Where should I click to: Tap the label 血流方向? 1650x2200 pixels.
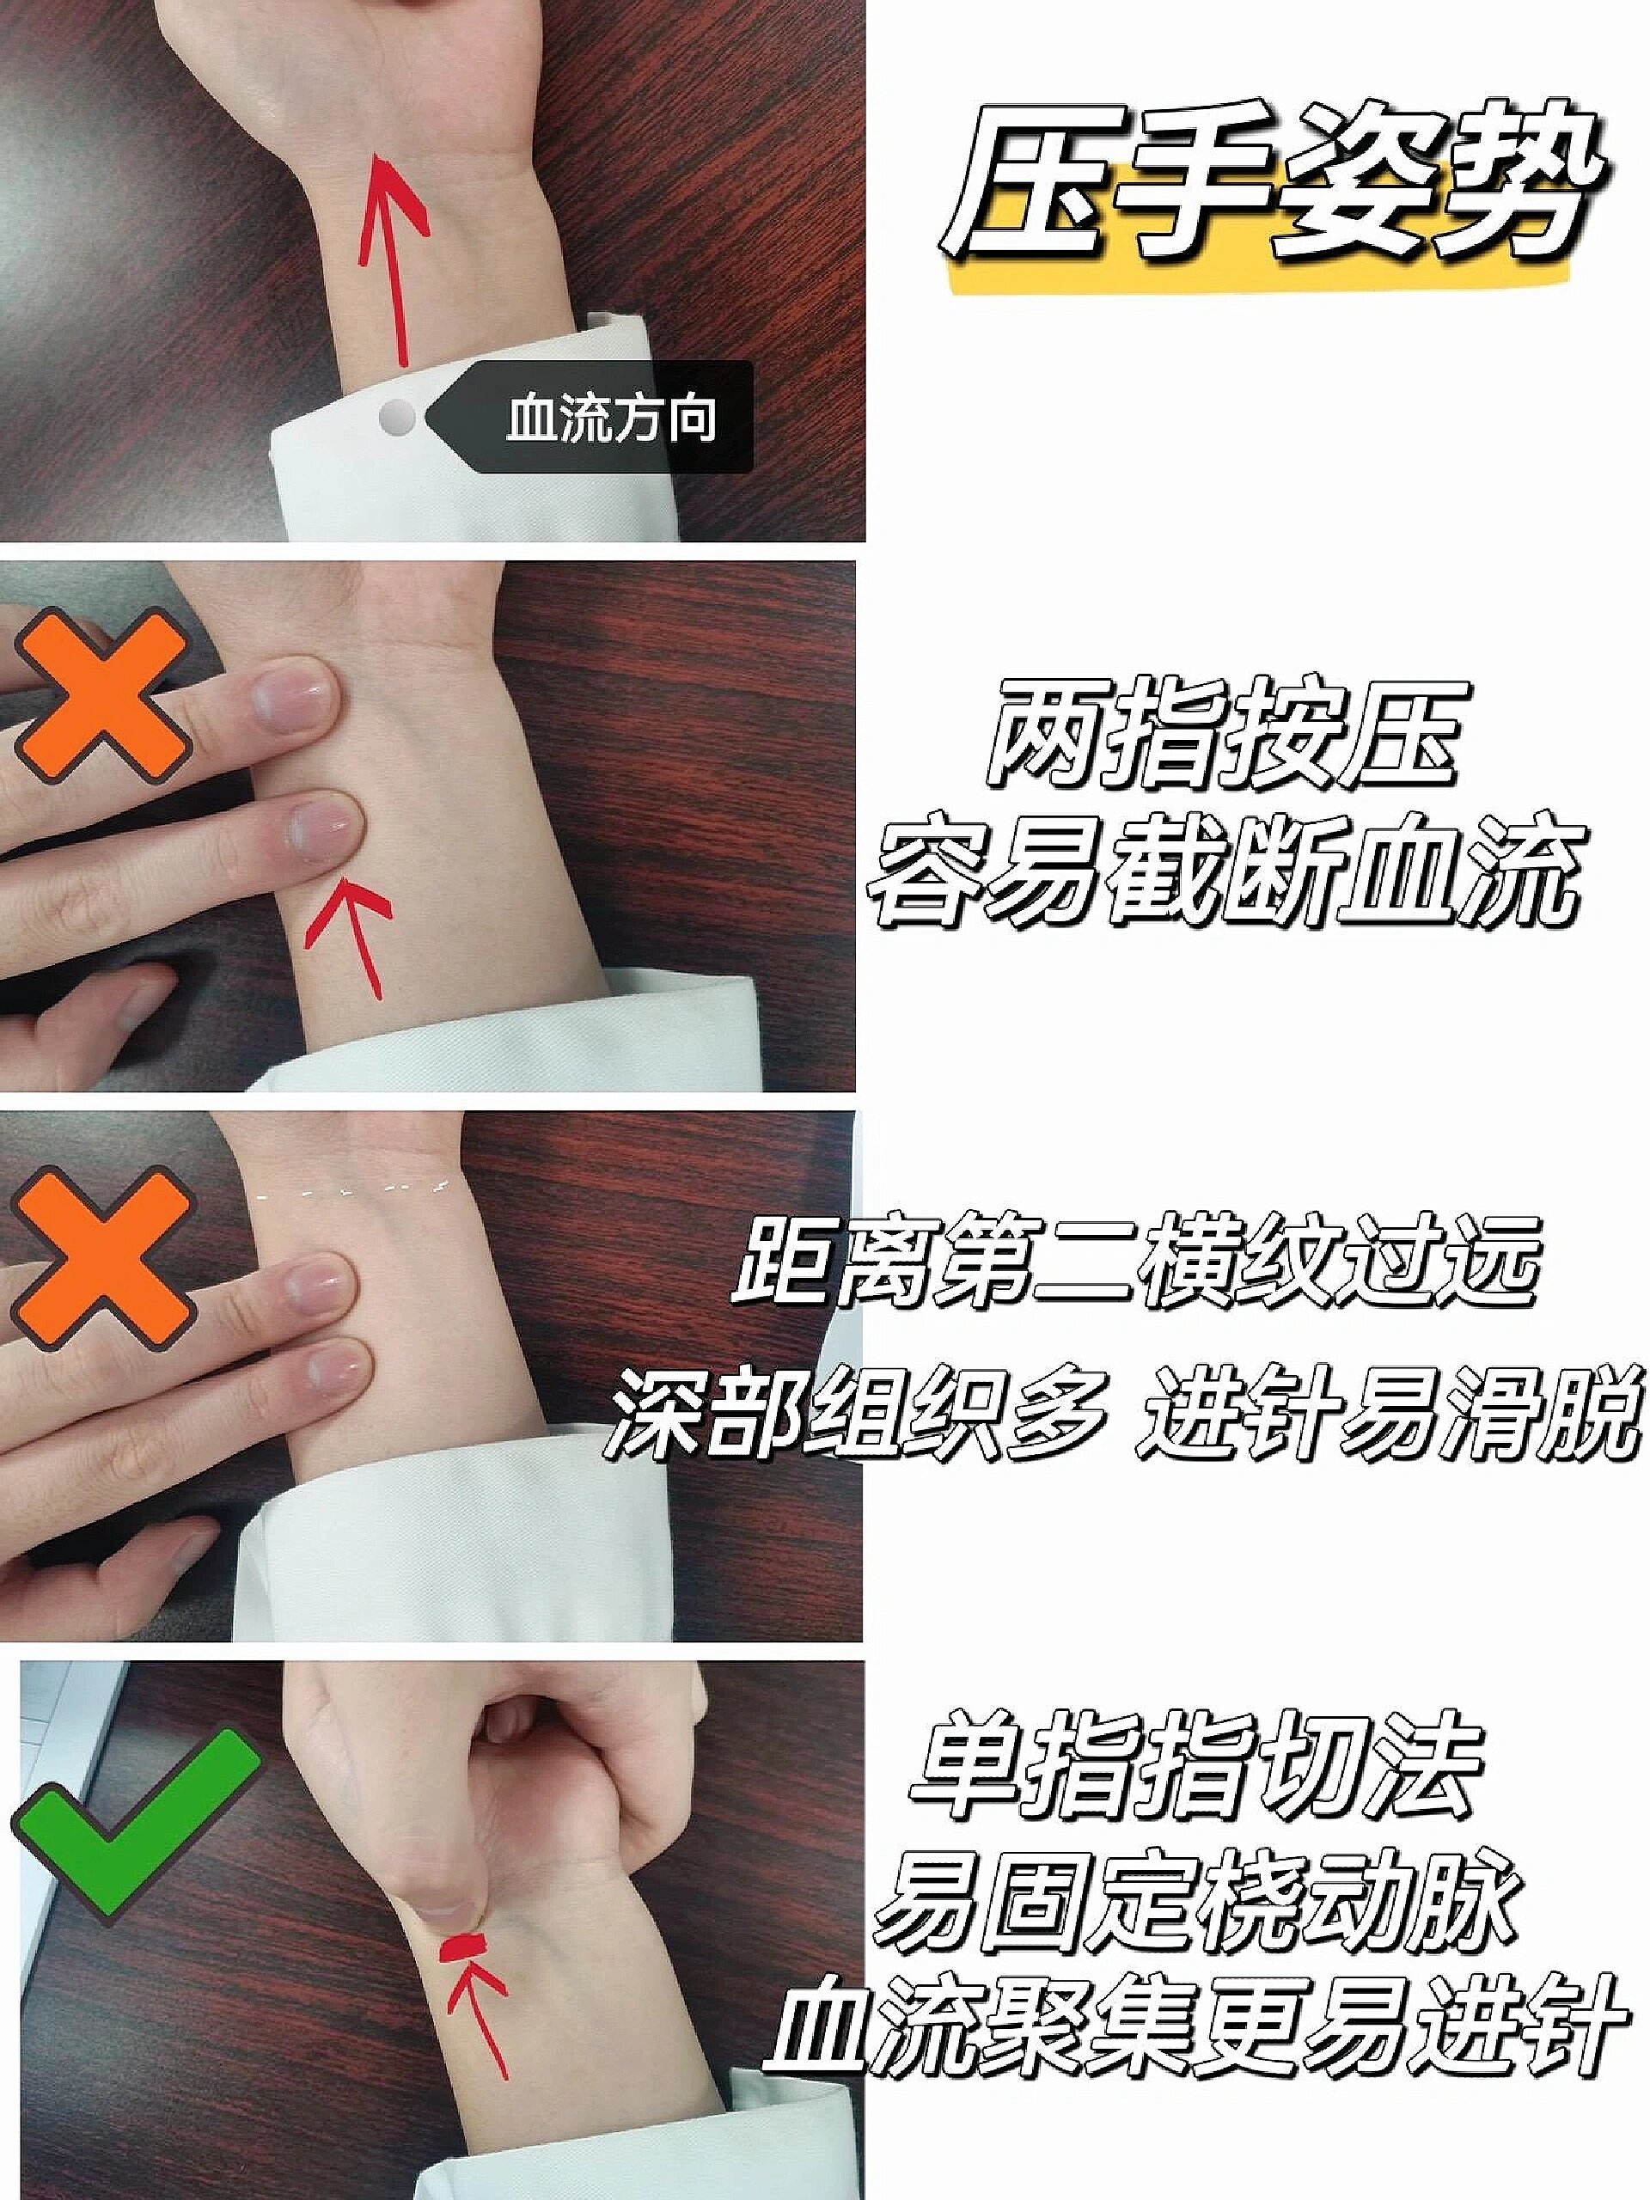tap(611, 418)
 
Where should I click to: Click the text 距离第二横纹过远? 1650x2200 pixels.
tap(1134, 1265)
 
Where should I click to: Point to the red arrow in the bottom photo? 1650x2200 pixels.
tap(486, 2019)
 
